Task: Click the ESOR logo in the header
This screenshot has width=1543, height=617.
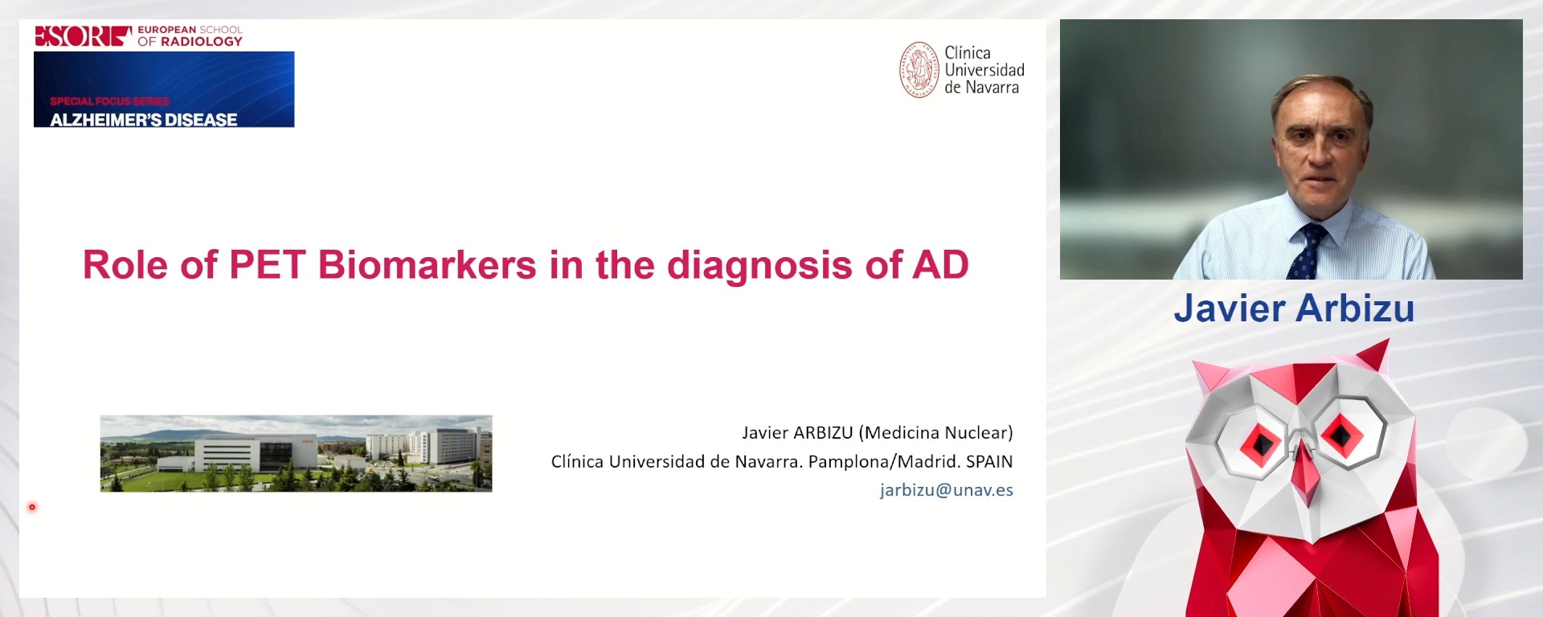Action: click(83, 36)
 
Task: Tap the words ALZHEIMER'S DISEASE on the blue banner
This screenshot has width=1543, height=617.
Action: click(143, 120)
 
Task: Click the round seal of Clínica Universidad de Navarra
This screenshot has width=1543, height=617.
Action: click(919, 70)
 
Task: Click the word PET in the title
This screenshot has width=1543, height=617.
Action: click(267, 265)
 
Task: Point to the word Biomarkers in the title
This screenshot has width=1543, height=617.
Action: click(427, 265)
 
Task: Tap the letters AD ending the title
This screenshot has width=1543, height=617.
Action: click(939, 265)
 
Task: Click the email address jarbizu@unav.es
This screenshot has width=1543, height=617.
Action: click(946, 490)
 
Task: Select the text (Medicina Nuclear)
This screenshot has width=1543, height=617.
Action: click(935, 433)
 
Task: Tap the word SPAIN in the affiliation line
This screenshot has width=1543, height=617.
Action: click(988, 462)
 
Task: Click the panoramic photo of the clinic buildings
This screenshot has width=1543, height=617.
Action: click(296, 453)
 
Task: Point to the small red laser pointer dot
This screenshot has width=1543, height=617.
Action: click(32, 507)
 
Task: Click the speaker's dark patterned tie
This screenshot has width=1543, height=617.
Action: click(1306, 253)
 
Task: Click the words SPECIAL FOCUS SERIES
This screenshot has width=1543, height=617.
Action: click(109, 101)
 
